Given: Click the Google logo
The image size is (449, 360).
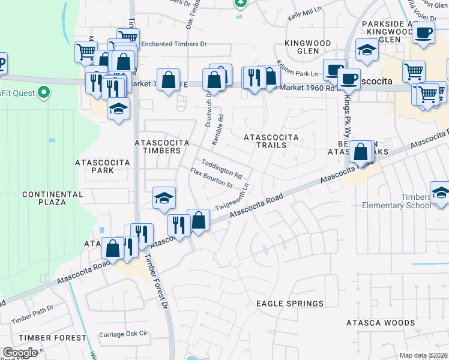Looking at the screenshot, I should (x=20, y=353).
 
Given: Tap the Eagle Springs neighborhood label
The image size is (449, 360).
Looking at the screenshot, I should (x=290, y=304).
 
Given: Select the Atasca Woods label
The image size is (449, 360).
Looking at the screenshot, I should (x=381, y=323).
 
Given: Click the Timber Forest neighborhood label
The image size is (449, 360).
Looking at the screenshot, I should (x=60, y=338).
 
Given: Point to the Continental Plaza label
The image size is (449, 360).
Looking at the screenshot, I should (x=44, y=198).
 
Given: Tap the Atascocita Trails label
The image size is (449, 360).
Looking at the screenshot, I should (x=270, y=141).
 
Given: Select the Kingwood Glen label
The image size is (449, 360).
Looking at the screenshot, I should (x=307, y=47).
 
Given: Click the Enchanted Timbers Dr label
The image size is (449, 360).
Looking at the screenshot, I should (x=173, y=44).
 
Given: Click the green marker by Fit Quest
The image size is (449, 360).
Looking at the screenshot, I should (x=43, y=92).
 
